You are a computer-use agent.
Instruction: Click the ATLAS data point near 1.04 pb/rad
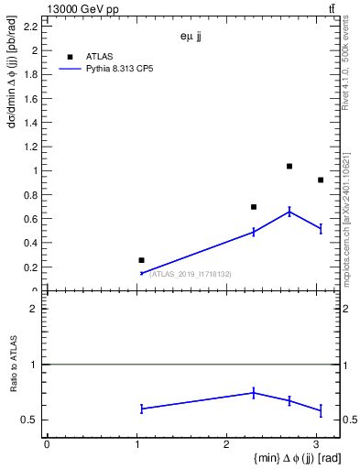[x=289, y=166]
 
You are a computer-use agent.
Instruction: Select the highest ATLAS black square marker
[x=289, y=166]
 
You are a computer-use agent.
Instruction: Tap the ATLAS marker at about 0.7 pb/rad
[x=254, y=207]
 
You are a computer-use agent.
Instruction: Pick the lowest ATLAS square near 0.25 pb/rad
[x=141, y=260]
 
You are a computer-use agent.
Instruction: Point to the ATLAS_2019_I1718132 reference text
[x=191, y=274]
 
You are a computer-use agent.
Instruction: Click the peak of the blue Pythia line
[x=289, y=212]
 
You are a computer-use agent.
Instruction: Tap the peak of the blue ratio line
[x=254, y=392]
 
